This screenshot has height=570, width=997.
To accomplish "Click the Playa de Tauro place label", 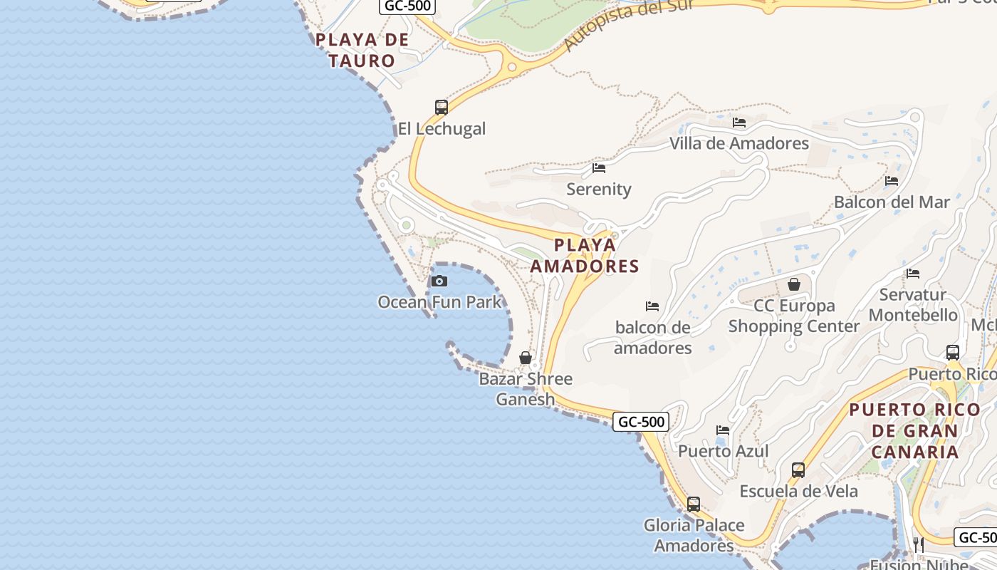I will (362, 50).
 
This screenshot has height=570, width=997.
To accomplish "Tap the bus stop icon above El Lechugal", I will (442, 108).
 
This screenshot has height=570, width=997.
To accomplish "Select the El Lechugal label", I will (442, 129).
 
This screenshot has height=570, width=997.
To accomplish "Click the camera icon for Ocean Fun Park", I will (439, 281).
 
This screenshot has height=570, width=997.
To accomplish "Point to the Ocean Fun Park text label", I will (439, 302).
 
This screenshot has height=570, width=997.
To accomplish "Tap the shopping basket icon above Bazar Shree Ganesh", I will (526, 358).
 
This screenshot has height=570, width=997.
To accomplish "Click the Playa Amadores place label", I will (585, 256).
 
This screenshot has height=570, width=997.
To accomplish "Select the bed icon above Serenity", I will (599, 168).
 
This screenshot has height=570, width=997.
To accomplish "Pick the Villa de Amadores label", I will (738, 143).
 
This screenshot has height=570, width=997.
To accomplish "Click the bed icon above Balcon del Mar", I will (892, 181).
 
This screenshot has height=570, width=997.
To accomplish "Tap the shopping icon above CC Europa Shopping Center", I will (794, 284).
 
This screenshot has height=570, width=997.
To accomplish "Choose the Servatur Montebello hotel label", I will (913, 305).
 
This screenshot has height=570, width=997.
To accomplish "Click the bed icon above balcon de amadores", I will (652, 306).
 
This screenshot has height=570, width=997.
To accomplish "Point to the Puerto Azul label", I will (723, 451).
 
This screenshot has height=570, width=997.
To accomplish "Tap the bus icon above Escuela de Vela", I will (798, 470).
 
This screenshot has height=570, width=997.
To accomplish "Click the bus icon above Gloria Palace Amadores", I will (694, 504).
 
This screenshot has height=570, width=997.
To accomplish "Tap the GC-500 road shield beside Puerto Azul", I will (641, 422).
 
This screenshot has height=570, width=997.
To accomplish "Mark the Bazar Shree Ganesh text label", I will (526, 389).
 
